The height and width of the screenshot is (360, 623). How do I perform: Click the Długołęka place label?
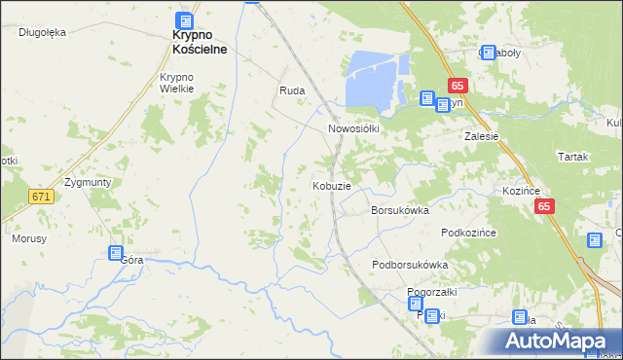coord(42,32)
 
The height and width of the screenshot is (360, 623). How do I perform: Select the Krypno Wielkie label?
coord(178,83)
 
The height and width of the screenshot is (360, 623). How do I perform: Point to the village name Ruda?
coord(292,90)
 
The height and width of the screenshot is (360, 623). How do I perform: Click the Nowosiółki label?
coord(352,127)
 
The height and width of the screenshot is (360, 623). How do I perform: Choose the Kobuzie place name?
coord(331,185)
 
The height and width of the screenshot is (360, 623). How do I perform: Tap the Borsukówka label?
coord(400,209)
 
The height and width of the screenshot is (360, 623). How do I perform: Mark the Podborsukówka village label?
coord(410,265)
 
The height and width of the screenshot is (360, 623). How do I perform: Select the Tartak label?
coord(574,156)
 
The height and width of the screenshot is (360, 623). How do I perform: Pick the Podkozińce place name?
coord(469,232)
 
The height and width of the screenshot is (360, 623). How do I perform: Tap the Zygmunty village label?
coord(88,182)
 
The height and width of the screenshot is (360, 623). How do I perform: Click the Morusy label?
coord(29,237)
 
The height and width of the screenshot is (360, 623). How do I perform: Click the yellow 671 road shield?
coord(40,197)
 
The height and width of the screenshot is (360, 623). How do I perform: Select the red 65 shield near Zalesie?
coord(458,86)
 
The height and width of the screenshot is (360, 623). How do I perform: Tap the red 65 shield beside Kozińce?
coord(544,206)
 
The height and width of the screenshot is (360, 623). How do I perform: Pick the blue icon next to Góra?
coord(115,254)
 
